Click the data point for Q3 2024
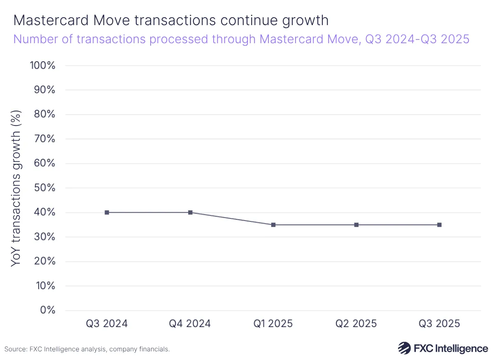[107, 212]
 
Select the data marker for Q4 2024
[190, 212]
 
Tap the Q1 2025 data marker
[273, 225]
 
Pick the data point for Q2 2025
[356, 225]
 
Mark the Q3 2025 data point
[439, 225]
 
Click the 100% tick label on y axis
[42, 65]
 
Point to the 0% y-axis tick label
[48, 310]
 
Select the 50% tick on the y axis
[44, 188]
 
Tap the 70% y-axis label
[44, 139]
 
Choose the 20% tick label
[44, 261]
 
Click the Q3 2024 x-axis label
[107, 323]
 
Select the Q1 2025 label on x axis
[273, 323]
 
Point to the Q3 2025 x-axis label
[439, 323]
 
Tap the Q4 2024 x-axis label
[190, 323]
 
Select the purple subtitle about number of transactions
[241, 39]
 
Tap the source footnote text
[87, 349]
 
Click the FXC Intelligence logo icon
[404, 348]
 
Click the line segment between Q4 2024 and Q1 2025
[232, 218]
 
